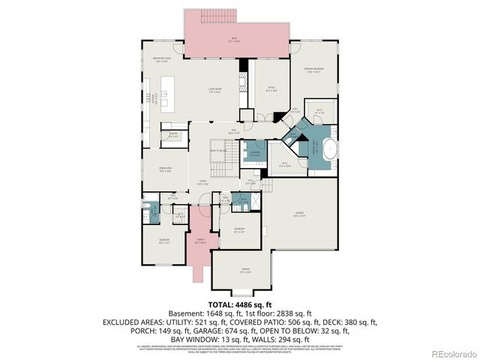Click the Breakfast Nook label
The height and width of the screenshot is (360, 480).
click(163, 61)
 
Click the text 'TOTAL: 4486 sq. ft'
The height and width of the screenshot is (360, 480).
click(240, 304)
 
